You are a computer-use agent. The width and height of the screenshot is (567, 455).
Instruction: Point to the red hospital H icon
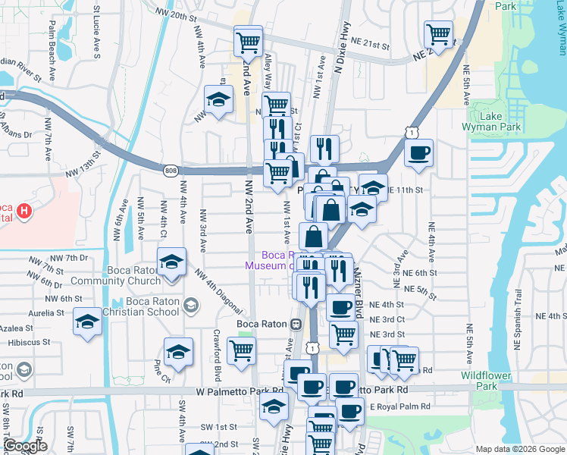point(25,211)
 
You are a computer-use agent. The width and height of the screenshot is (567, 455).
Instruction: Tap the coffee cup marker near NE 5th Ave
point(418,154)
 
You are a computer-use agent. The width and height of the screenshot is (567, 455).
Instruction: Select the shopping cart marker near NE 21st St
point(439,34)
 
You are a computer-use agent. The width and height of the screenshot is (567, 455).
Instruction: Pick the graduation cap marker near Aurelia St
point(87,322)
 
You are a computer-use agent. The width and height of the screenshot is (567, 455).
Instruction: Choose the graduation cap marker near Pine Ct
point(178,351)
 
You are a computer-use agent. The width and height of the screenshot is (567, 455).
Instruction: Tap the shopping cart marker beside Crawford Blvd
point(242,351)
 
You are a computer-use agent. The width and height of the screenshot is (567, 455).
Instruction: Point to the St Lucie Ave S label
point(96,34)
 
